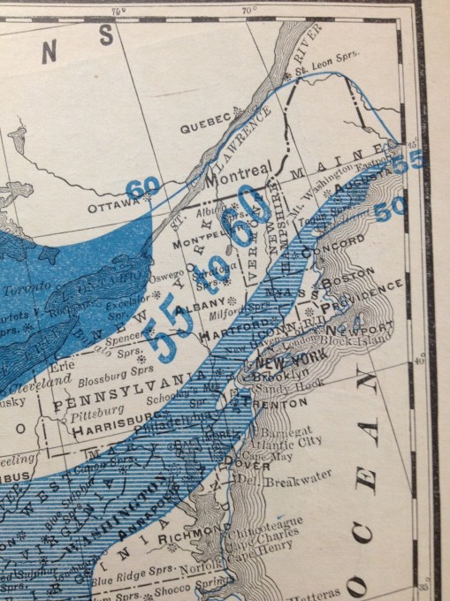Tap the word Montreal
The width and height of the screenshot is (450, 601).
click(x=237, y=175)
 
